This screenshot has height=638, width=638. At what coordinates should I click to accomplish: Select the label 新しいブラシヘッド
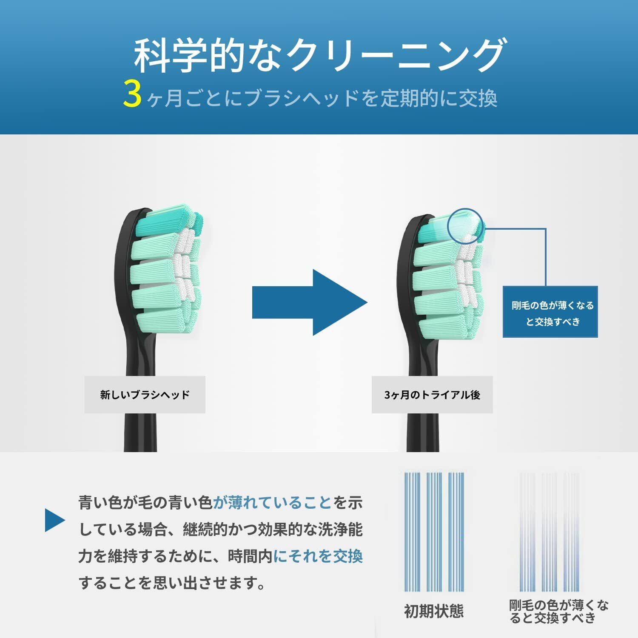tap(145, 395)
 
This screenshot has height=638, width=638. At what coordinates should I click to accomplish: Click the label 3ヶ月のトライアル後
tap(432, 395)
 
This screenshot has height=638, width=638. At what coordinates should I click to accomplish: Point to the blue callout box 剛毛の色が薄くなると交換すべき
tap(550, 312)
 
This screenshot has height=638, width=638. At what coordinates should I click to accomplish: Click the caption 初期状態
tap(433, 611)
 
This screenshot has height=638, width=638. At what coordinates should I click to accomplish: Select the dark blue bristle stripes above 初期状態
tap(434, 532)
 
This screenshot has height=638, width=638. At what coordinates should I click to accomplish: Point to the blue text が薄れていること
tap(272, 503)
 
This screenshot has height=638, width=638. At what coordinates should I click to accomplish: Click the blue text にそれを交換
tap(318, 556)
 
